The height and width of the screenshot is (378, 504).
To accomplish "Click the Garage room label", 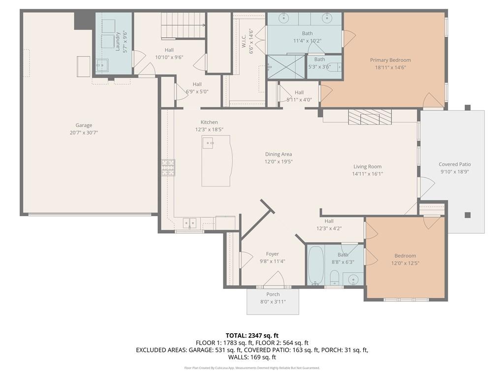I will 84,126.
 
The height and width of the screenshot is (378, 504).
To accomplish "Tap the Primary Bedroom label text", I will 390,60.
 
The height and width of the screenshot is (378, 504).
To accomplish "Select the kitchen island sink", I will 209,143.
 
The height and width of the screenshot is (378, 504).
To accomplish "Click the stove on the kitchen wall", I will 168,167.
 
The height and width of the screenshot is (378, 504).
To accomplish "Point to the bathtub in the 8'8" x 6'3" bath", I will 315,266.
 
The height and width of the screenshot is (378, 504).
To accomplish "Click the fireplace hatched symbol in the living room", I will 369,117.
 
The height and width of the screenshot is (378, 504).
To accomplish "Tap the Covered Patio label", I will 455,164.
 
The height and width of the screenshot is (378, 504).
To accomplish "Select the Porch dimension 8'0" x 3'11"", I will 273,302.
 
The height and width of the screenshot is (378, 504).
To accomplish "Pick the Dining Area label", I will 279,154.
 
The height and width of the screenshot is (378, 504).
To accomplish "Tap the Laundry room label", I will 118,41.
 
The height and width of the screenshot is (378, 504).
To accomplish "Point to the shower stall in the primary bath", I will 286,66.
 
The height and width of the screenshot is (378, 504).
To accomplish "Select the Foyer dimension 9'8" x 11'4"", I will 272,261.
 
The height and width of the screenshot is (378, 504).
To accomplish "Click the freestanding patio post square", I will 467,215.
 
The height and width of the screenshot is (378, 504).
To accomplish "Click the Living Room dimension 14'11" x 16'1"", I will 367,174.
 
